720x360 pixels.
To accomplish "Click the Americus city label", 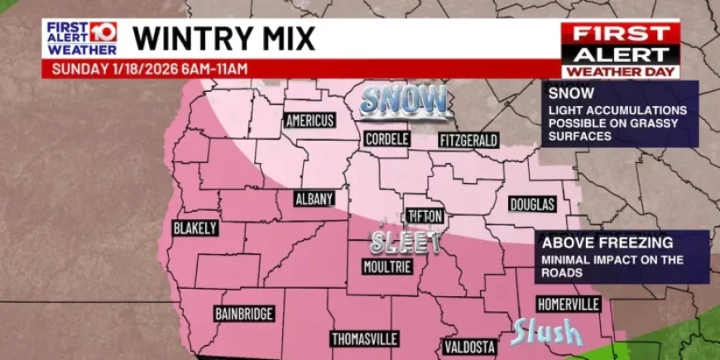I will (x=310, y=121).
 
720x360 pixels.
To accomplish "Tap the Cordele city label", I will (x=386, y=139).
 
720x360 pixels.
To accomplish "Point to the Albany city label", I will (x=314, y=199).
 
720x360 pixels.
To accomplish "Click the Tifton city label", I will (x=426, y=216).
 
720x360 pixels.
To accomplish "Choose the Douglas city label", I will (x=532, y=204).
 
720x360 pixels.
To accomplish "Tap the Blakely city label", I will (x=194, y=228).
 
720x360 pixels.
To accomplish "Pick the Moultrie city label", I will (x=386, y=266).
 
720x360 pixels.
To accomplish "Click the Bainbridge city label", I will (x=244, y=314).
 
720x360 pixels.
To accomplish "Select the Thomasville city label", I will (x=365, y=339).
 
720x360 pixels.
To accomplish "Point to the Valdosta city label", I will (x=469, y=346).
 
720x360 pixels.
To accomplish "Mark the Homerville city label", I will (x=568, y=305).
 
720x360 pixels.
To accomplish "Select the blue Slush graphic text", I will (x=546, y=333).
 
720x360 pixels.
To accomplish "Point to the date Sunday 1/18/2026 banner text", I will (x=149, y=69).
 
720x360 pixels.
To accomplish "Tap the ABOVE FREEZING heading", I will (x=606, y=243).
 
